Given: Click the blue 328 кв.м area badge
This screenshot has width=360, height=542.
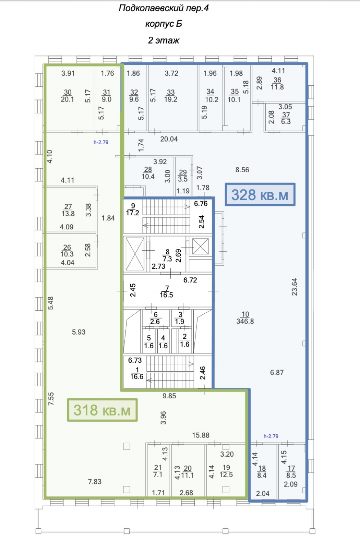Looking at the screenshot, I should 260,195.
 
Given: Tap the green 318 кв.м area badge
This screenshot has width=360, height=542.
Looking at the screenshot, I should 102,410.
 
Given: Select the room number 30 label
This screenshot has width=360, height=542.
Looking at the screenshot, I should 68,92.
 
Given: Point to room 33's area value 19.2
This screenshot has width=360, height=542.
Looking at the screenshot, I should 171,99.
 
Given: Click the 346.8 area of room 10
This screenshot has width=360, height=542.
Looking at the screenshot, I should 245,321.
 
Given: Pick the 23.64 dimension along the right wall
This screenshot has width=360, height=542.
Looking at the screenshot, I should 295,287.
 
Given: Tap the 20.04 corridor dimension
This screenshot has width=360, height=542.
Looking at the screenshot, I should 169,139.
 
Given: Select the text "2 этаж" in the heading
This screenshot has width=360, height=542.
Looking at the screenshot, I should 163,40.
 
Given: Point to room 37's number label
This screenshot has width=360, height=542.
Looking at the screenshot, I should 286,115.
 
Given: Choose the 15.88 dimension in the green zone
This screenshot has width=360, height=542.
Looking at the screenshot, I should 201,435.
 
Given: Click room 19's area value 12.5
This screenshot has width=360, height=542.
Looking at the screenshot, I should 226,475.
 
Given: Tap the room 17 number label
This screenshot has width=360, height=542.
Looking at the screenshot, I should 291,468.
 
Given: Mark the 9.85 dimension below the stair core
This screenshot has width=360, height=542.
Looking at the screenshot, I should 169,396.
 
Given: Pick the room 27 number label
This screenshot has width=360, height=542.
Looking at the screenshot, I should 68,206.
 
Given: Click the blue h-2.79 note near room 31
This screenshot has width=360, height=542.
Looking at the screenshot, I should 101,142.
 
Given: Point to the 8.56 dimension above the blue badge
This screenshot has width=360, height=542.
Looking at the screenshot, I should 242,170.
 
